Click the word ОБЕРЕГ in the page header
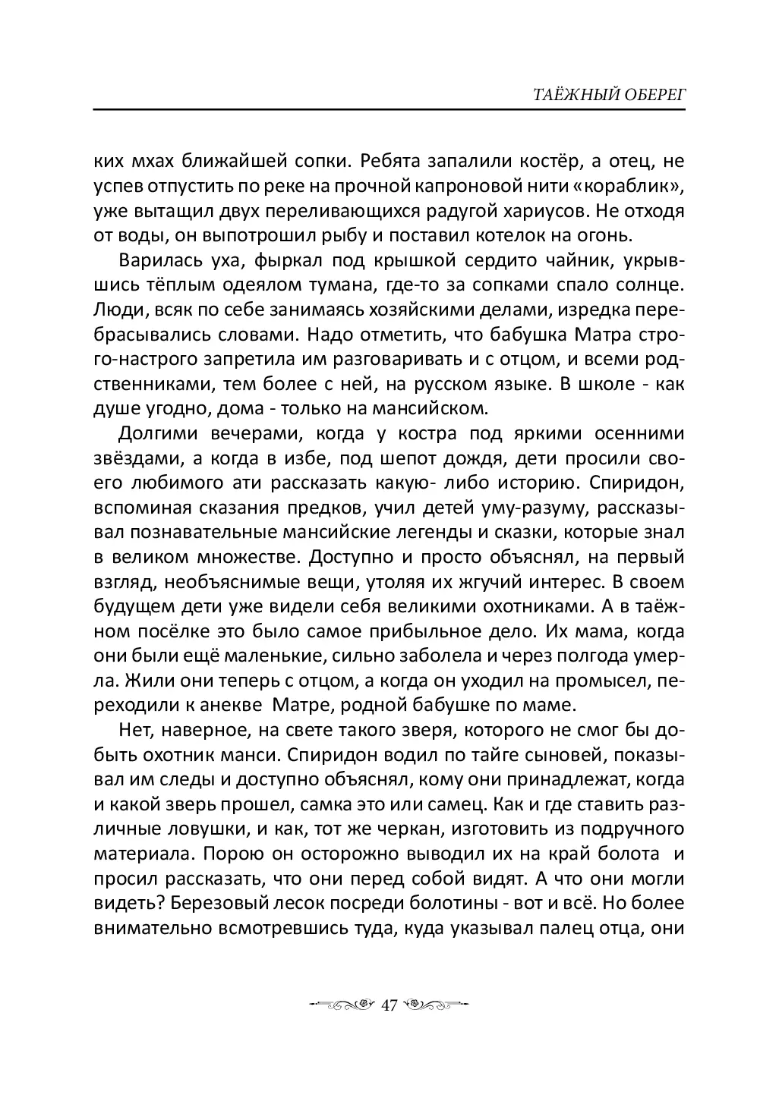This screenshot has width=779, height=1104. (654, 94)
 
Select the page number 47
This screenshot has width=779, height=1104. (389, 1005)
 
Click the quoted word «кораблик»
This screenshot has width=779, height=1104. (636, 185)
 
